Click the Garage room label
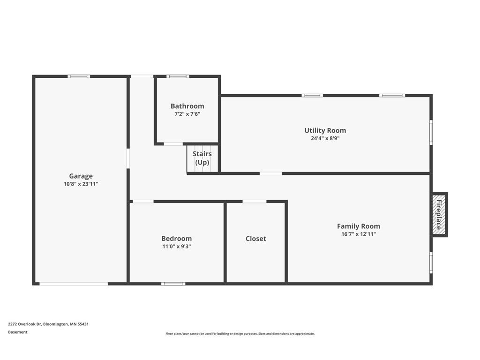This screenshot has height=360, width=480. coord(81,176)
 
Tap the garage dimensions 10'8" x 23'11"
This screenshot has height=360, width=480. coord(81,184)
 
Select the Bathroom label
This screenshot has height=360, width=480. coord(187,106)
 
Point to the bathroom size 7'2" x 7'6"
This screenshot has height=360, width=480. coord(187,114)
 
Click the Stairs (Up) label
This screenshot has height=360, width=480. coord(202,158)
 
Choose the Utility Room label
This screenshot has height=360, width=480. coord(325,130)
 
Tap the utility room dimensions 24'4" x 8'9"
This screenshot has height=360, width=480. coord(325,138)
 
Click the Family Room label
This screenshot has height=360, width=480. coord(359,226)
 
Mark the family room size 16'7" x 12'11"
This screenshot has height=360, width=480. coord(359,234)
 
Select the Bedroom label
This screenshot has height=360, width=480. coord(177,239)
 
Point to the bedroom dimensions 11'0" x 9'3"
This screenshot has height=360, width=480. coord(177,247)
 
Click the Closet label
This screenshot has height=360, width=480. coord(256,239)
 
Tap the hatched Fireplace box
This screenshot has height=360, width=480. coord(440,215)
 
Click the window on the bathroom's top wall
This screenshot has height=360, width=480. coord(178,76)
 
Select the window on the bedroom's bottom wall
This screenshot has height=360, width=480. coord(173,284)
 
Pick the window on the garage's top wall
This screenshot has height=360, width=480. coord(79,76)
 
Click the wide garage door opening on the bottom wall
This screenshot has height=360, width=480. coord(74,284)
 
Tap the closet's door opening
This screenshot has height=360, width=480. coord(255,202)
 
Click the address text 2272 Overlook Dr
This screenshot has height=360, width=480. coord(25,324)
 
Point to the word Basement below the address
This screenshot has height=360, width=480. coord(18,332)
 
